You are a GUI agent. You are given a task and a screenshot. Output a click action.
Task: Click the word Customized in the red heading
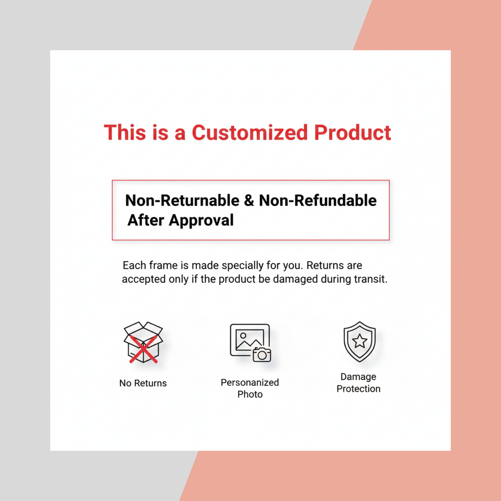click(x=250, y=132)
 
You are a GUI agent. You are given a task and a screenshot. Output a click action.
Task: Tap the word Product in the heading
click(x=353, y=132)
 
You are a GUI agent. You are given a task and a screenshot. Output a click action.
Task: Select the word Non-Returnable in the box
click(x=182, y=200)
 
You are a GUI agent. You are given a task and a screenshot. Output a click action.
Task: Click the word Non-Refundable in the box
click(x=318, y=200)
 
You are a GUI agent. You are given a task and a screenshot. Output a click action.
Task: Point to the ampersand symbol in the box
click(x=249, y=200)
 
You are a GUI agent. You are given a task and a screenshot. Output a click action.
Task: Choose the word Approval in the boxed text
click(x=201, y=220)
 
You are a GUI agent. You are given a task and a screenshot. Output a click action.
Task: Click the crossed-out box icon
click(x=143, y=342)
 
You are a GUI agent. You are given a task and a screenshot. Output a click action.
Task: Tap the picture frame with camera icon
click(x=250, y=343)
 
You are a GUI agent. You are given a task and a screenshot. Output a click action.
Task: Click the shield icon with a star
click(x=359, y=342)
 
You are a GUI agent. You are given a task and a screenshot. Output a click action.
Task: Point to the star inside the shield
click(x=359, y=341)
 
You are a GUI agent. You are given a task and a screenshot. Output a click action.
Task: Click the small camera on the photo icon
click(x=262, y=354)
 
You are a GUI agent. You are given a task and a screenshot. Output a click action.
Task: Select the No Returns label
click(x=143, y=383)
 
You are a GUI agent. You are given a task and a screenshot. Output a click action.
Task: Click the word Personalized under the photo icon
click(x=250, y=382)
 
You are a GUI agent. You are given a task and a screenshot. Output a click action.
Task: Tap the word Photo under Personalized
click(x=250, y=394)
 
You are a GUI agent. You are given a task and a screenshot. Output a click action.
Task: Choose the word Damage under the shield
click(x=359, y=377)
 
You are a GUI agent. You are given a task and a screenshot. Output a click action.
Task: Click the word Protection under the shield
click(x=359, y=389)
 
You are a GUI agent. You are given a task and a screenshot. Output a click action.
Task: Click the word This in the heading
click(x=125, y=132)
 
